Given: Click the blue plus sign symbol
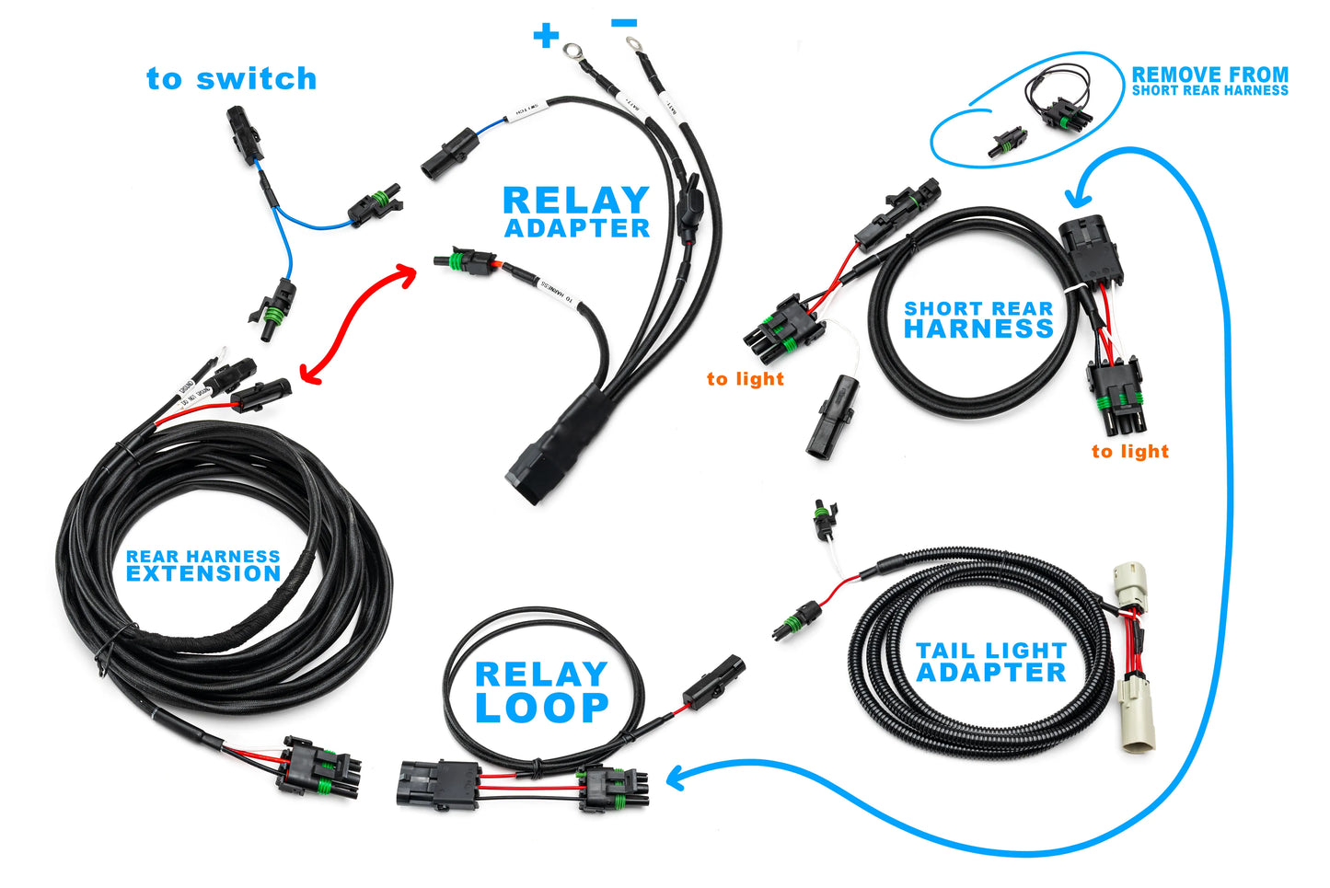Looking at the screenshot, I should pos(546,36).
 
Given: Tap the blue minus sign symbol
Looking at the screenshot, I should pos(623,23).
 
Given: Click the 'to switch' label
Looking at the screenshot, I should pos(231,79).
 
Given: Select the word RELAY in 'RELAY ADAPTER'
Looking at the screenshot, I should pos(576,200).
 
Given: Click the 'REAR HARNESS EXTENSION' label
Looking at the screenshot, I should pos(202,565).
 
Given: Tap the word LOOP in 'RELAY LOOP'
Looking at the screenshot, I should pos(541,708).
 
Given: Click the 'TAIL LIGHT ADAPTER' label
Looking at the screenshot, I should pos(990,663).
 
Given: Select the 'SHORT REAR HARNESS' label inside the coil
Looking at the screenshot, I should pos(977,319).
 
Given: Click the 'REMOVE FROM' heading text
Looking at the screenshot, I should pos(1209,74).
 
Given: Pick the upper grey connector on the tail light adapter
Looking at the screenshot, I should pos(1130,586).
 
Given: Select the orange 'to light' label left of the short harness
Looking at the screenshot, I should pos(745,378).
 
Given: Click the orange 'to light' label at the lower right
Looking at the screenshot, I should pos(1129,451).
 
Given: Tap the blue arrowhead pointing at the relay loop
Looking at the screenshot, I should pos(675,778).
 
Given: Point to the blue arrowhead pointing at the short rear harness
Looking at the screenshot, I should pos(1074,196).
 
